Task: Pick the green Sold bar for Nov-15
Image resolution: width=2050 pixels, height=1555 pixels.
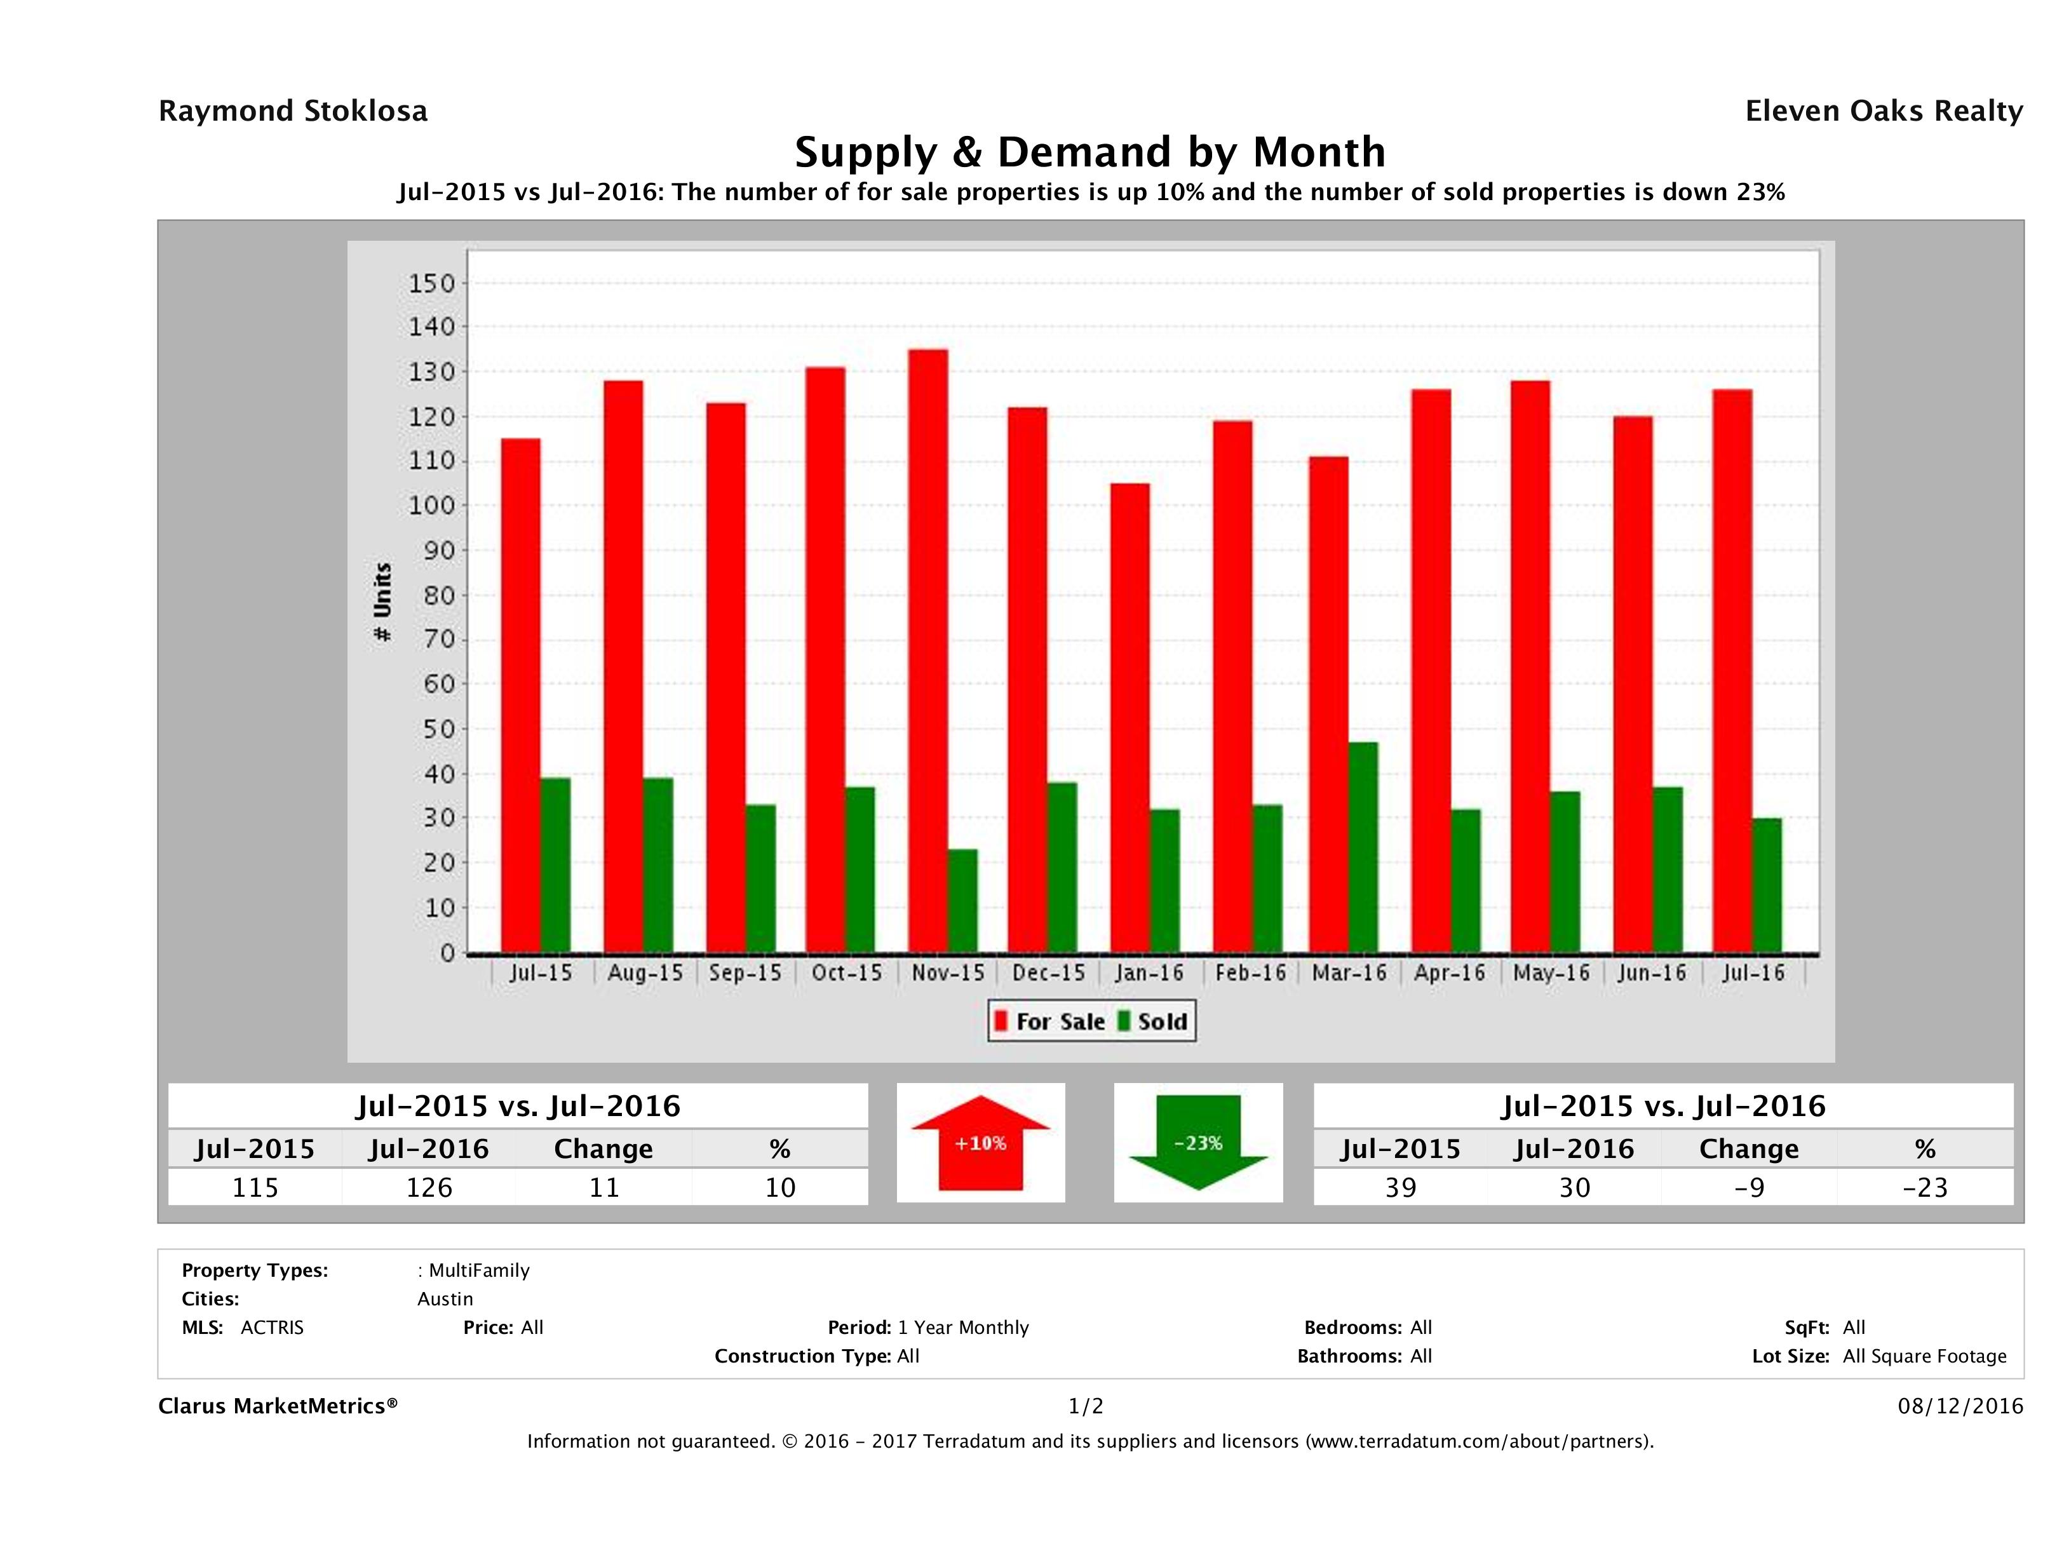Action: tap(962, 901)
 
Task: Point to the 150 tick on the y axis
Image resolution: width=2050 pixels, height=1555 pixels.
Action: tap(432, 283)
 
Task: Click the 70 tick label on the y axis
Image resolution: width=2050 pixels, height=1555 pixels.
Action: tap(440, 640)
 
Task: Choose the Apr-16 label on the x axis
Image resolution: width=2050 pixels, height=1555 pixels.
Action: tap(1450, 973)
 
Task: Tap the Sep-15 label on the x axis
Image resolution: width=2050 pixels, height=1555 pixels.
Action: tap(745, 973)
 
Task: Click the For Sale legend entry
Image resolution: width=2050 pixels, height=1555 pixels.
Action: tap(1050, 1021)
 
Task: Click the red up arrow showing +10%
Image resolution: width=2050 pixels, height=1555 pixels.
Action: tap(980, 1143)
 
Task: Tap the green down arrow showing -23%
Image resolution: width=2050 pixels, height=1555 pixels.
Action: tap(1198, 1143)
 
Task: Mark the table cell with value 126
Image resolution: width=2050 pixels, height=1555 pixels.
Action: tap(429, 1187)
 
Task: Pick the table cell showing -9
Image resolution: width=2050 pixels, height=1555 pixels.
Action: tap(1749, 1187)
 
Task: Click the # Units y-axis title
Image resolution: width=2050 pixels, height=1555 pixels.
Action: tap(382, 602)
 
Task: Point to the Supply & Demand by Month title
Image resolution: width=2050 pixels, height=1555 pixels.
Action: tap(1090, 152)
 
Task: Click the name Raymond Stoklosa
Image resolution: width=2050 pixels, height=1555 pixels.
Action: tap(293, 111)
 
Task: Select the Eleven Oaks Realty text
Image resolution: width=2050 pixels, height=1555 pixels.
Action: tap(1883, 111)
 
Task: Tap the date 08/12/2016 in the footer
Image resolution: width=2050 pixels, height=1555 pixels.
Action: tap(1960, 1406)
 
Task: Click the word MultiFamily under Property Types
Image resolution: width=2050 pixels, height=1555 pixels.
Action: tap(479, 1270)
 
